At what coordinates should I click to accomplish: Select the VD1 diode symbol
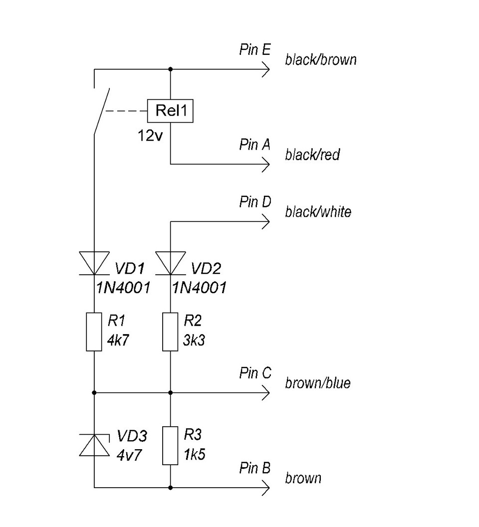94,263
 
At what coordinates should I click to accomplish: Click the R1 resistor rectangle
94,332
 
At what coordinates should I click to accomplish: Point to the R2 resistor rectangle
170,332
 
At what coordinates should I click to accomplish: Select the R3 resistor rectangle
170,446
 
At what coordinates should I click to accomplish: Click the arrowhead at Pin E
266,70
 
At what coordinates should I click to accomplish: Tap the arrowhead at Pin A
266,165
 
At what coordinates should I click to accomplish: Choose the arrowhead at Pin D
266,221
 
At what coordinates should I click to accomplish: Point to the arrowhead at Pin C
266,392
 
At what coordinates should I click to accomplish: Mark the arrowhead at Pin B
266,488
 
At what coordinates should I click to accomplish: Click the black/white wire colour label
318,212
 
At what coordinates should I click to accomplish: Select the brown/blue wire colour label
318,383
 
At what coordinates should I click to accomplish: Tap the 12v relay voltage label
150,136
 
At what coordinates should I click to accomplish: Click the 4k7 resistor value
118,340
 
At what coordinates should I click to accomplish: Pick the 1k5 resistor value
195,454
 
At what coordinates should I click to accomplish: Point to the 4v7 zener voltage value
129,455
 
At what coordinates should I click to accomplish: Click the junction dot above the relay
170,69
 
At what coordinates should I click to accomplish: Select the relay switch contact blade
102,112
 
